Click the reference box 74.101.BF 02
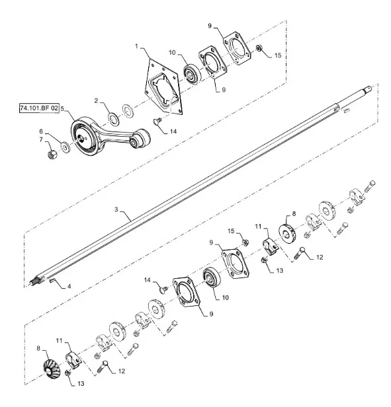point(39,108)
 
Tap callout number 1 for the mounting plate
point(136,46)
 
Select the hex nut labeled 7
point(52,154)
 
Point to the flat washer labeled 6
point(65,147)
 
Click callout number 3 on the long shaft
point(116,209)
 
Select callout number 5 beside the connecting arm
point(62,108)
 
